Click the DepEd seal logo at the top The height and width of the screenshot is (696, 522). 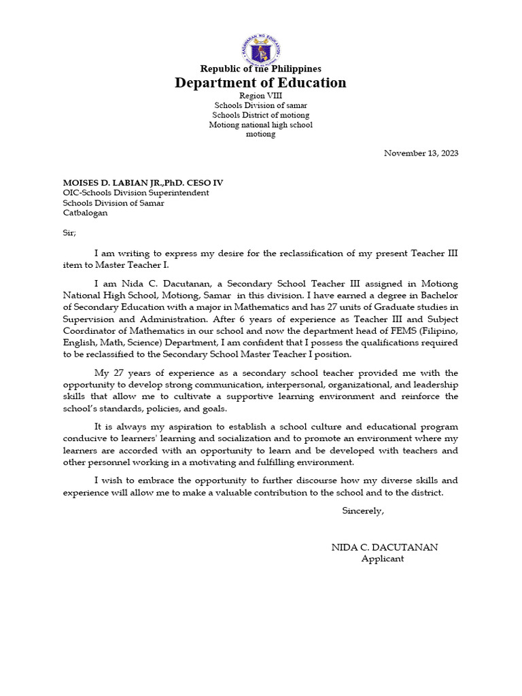click(x=260, y=50)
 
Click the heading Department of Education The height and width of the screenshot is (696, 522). click(x=260, y=83)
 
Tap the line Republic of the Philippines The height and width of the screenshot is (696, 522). click(x=260, y=69)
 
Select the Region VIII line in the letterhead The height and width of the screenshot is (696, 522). click(x=260, y=97)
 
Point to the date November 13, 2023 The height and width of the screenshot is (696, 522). click(x=421, y=153)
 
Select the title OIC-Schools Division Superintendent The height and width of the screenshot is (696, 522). click(x=136, y=193)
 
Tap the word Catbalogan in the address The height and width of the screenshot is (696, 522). click(x=85, y=213)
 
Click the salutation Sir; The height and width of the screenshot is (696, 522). click(x=70, y=232)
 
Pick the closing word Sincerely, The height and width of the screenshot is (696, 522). click(x=363, y=510)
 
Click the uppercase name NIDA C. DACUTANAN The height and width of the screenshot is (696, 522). click(x=385, y=547)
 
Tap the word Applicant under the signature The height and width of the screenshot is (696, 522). click(x=383, y=559)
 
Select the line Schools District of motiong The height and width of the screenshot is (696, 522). click(x=260, y=116)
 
